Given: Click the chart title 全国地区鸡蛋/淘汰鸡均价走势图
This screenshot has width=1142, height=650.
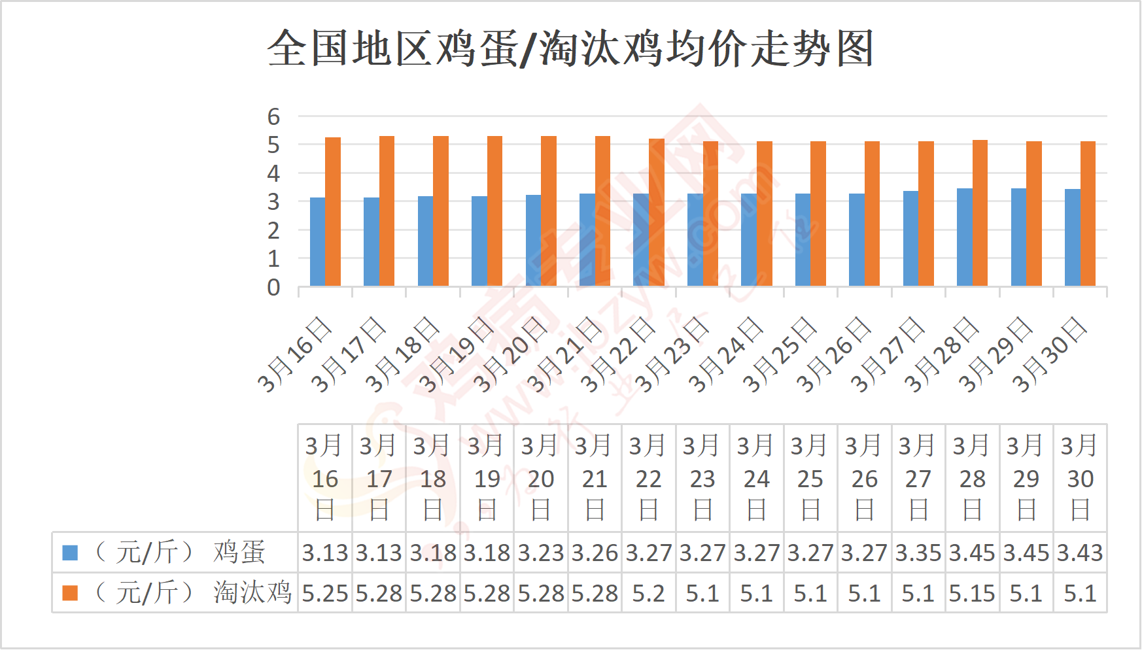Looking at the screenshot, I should coord(570,48).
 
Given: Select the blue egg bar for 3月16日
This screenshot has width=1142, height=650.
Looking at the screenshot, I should coord(317,242).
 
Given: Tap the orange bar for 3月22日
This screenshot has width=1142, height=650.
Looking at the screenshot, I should coord(657,213).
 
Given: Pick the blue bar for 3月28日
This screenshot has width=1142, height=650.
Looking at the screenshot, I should coord(965,237).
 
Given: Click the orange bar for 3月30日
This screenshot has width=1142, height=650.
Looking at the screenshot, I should coord(1088,214).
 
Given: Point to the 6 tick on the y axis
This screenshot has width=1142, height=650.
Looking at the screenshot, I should coord(273,117).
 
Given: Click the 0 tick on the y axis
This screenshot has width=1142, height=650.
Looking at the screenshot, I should coord(273,288).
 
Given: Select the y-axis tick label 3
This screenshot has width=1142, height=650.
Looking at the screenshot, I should coord(273,202).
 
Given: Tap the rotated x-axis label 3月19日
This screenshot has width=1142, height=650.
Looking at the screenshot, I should coord(457,354).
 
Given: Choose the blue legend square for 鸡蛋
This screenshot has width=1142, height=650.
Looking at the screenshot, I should coord(70,553).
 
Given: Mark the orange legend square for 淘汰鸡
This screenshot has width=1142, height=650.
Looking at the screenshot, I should coord(70,593).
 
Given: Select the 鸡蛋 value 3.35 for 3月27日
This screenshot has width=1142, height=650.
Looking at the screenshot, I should coord(918,553).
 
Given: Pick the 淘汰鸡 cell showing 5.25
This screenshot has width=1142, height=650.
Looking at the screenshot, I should coord(325,593).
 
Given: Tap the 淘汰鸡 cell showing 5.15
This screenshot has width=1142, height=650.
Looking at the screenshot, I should coord(972,593).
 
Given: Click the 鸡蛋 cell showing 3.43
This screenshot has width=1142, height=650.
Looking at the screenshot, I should coord(1080,553).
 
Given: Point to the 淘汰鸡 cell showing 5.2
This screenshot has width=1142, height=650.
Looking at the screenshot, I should coord(648,593).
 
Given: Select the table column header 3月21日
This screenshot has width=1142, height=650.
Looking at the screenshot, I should coord(595,478).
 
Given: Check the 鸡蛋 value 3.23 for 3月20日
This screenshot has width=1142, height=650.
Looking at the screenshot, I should coord(541,553).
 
